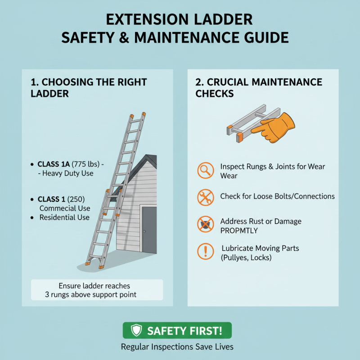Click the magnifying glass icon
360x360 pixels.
click(x=205, y=170)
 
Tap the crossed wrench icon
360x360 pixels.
click(x=205, y=197)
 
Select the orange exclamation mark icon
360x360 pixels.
click(x=205, y=250)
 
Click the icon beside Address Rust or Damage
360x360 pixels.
click(x=205, y=224)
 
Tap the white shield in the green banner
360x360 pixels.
click(x=136, y=331)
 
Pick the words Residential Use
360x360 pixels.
click(x=64, y=217)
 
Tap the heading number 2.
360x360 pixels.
click(x=199, y=82)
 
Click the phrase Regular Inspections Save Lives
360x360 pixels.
click(x=177, y=347)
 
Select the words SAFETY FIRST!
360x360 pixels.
click(x=184, y=331)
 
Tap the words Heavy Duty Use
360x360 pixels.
click(x=67, y=173)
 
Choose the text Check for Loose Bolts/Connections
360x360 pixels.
click(x=277, y=197)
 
